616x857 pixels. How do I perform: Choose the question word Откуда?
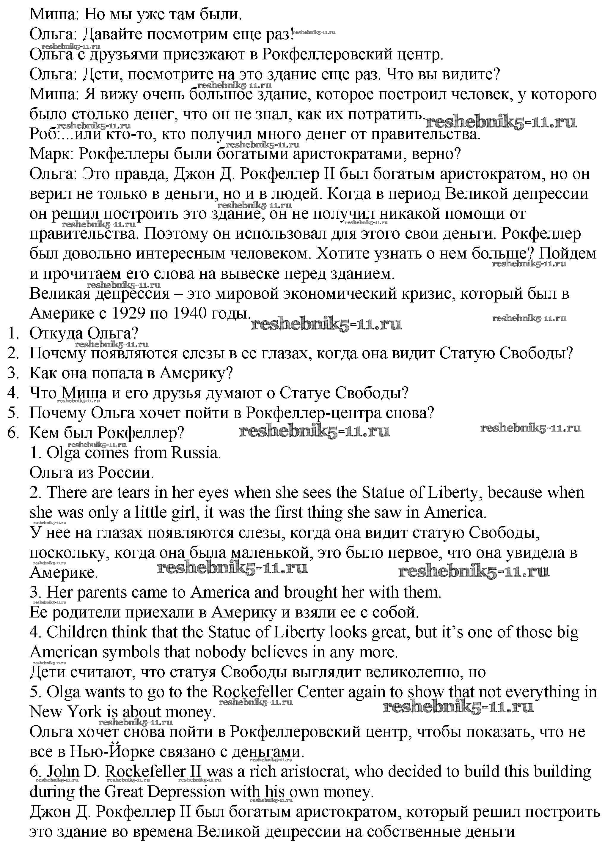pos(56,333)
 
